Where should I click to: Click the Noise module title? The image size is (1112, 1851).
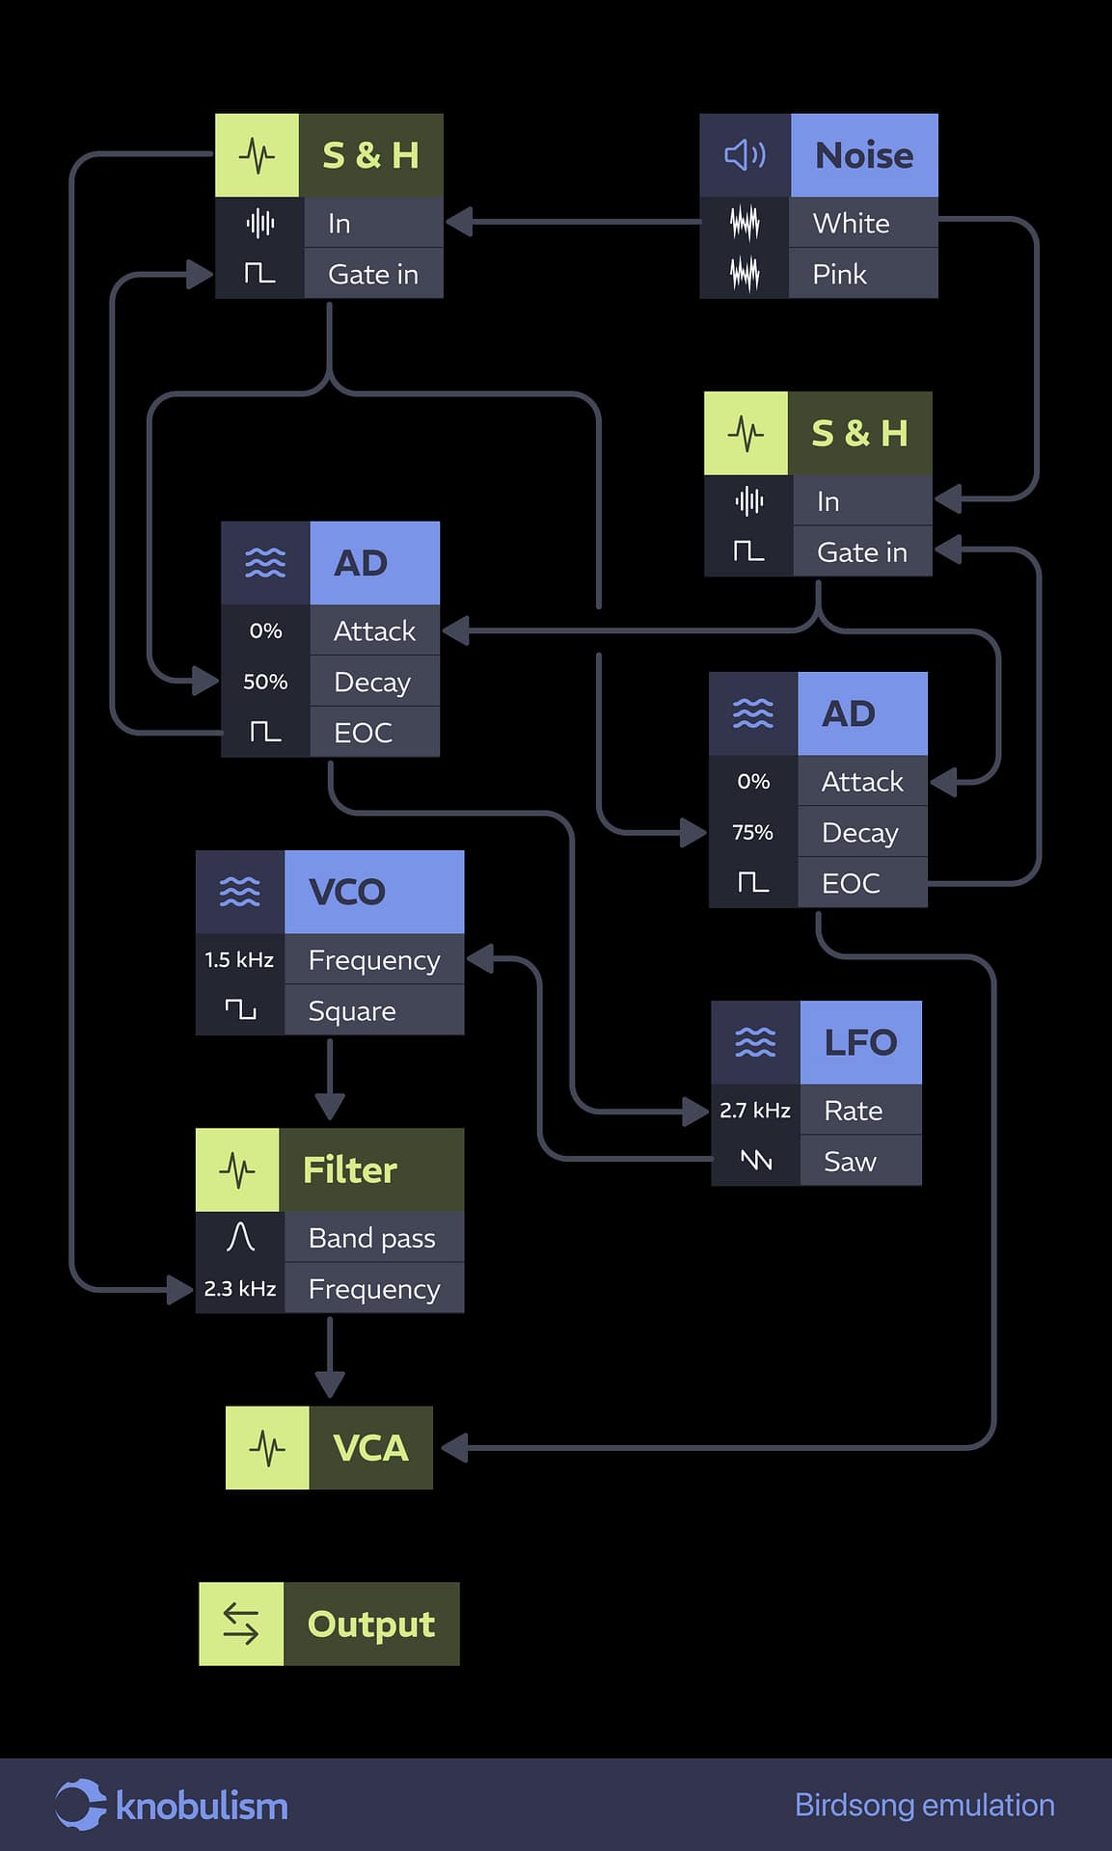[863, 155]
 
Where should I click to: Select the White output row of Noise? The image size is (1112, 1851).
[851, 223]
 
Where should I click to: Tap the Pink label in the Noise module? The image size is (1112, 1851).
[839, 274]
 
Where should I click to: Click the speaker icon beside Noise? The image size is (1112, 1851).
[745, 155]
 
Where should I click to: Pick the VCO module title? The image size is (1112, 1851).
[347, 892]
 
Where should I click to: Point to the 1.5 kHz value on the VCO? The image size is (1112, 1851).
[239, 959]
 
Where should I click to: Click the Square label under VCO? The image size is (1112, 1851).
[352, 1010]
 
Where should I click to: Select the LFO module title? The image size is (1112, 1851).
[860, 1042]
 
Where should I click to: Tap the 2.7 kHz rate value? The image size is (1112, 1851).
[755, 1110]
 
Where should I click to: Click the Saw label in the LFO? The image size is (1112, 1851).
[850, 1161]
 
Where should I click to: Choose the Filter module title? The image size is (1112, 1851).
[350, 1169]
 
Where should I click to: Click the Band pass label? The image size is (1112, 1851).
[371, 1238]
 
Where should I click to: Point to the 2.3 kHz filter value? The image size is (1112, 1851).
[240, 1288]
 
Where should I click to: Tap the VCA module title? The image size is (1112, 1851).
[370, 1448]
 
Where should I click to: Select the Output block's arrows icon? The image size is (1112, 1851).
[241, 1623]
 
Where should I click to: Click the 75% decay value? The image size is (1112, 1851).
[752, 832]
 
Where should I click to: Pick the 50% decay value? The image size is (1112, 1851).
[265, 682]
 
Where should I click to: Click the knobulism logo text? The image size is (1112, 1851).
[202, 1806]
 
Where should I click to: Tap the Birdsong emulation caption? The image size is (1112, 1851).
[924, 1805]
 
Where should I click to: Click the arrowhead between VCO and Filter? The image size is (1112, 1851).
[330, 1107]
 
